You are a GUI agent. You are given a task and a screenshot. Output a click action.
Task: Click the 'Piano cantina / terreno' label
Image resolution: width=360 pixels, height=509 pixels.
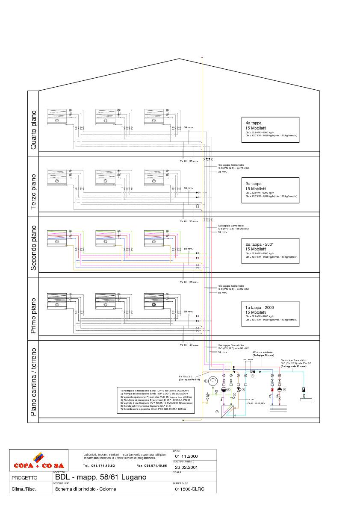tap(33, 382)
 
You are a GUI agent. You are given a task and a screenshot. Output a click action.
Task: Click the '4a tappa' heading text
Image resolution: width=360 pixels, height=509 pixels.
tap(251, 123)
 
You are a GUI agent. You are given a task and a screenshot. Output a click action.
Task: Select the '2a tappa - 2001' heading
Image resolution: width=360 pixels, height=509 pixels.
tap(260, 244)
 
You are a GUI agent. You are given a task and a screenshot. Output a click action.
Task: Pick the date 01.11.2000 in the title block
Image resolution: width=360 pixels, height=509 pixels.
tap(186, 456)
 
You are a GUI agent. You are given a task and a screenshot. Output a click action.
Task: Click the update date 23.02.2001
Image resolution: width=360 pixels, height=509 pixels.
tap(186, 467)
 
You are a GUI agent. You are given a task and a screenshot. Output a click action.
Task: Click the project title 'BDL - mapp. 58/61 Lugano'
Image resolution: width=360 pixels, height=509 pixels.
tap(100, 477)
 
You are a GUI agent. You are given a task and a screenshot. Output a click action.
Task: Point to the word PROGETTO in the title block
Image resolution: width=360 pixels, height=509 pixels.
tap(25, 478)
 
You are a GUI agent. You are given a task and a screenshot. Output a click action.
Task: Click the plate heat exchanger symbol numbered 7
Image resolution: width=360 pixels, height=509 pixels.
tap(227, 412)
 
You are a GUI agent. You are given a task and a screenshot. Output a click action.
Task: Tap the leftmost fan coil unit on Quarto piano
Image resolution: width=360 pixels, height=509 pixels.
tap(56, 117)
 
